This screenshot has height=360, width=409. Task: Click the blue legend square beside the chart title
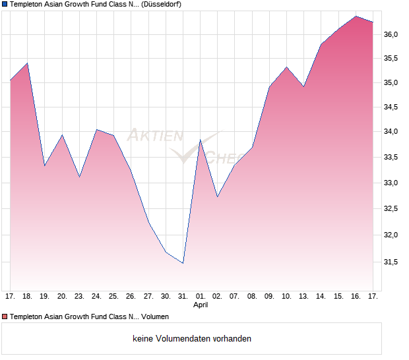tap(5, 5)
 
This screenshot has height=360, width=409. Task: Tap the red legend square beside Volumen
tap(5, 316)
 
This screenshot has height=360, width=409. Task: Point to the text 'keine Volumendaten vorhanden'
tap(192, 338)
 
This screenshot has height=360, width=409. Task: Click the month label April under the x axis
tap(201, 305)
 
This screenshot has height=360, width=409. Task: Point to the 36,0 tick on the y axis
tap(392, 34)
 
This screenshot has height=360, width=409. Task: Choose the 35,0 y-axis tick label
tap(392, 83)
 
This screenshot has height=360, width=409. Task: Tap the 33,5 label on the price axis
tap(392, 157)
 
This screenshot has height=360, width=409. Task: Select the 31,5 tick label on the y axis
tap(392, 262)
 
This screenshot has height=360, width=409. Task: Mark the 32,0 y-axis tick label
tap(392, 235)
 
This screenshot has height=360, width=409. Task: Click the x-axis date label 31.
tap(183, 297)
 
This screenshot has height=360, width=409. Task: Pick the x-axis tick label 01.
tap(201, 297)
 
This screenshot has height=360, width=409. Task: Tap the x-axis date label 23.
tap(79, 297)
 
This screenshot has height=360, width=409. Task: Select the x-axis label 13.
tap(304, 297)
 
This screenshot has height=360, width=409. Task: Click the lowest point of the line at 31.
tap(183, 263)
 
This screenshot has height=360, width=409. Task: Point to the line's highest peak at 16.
tap(356, 16)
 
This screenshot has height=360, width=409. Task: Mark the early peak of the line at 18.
tap(27, 63)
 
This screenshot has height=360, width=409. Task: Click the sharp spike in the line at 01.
tap(201, 140)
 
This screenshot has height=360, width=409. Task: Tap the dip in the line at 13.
tap(303, 86)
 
